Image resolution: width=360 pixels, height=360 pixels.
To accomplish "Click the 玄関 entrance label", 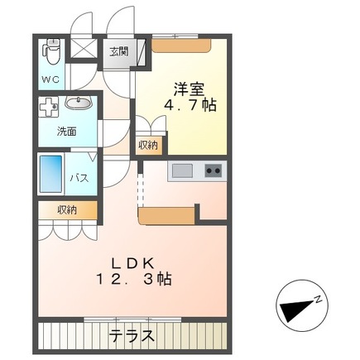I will (118, 51).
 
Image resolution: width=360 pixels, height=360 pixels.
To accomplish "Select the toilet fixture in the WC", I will (52, 51).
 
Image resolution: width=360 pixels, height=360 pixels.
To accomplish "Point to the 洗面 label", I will (66, 131).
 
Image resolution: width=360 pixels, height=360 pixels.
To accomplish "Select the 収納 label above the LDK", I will (67, 210).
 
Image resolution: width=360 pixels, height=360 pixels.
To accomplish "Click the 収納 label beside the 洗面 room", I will (148, 145).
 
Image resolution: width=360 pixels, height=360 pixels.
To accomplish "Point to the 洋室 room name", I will (187, 87).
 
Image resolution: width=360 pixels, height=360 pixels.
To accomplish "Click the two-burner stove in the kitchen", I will (213, 171).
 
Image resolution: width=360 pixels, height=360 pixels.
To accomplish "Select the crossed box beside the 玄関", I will (85, 48).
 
